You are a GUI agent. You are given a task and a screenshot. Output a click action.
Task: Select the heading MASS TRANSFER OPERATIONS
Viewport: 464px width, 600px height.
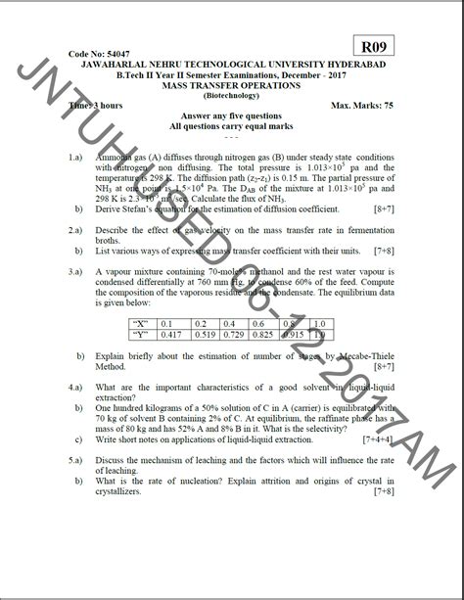tap(232, 86)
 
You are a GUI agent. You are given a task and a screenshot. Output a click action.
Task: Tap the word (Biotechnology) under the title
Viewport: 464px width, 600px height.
tap(231, 95)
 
